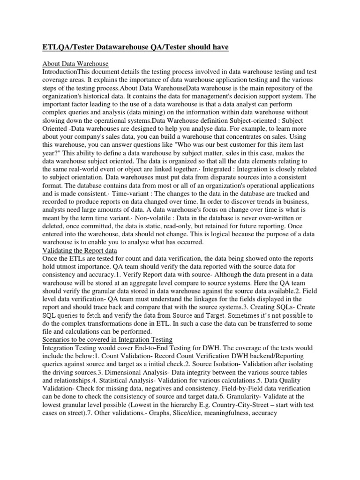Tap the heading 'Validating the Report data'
coord(80,250)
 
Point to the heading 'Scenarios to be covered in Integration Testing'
coord(107,339)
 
